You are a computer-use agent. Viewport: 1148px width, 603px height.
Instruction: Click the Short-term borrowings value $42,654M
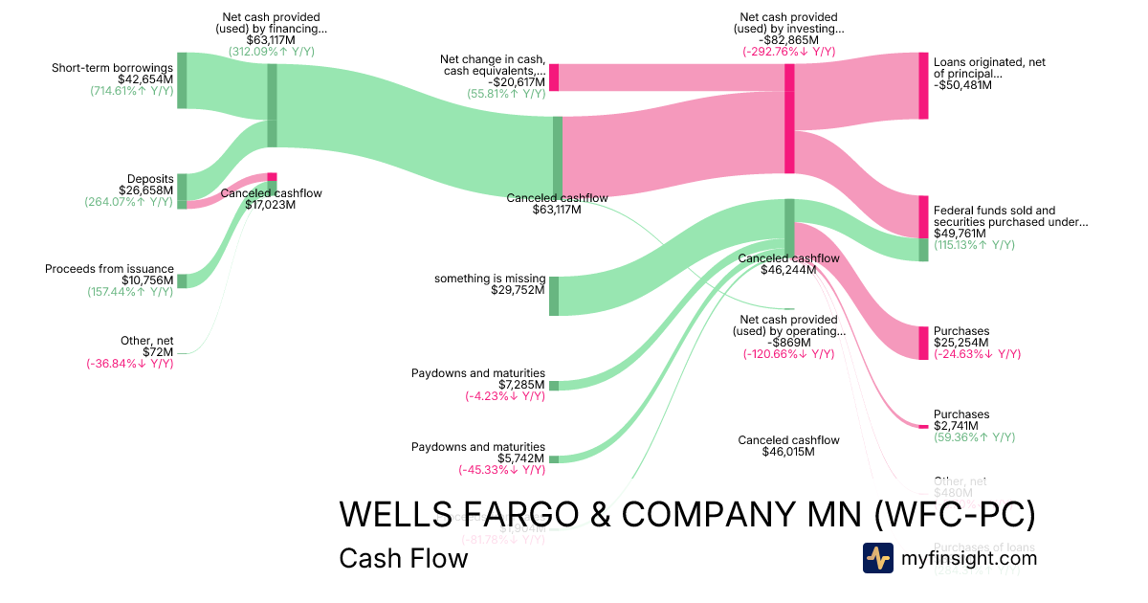[145, 79]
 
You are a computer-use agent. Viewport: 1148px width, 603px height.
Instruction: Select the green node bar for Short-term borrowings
[182, 80]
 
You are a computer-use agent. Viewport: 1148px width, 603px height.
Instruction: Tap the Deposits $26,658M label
[146, 190]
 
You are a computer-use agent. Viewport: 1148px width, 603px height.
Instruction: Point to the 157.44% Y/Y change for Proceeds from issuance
[130, 292]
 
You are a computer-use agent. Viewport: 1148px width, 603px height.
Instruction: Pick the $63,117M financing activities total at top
[271, 40]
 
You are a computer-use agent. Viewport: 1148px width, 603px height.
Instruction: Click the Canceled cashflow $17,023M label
[271, 204]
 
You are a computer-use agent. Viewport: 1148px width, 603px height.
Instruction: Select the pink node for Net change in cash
[554, 78]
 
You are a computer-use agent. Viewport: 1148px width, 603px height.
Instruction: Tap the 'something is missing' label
[490, 279]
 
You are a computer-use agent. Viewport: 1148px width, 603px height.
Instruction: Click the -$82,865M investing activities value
[789, 40]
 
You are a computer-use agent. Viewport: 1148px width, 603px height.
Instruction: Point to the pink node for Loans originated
[923, 86]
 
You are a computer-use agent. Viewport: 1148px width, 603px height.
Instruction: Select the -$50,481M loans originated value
[962, 84]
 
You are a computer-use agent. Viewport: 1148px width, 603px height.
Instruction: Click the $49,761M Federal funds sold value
[959, 233]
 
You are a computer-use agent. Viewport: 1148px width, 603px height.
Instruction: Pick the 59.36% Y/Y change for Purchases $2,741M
[974, 437]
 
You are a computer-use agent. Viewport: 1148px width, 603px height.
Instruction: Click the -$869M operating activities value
[789, 343]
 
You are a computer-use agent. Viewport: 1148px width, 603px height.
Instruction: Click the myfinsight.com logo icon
[878, 558]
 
